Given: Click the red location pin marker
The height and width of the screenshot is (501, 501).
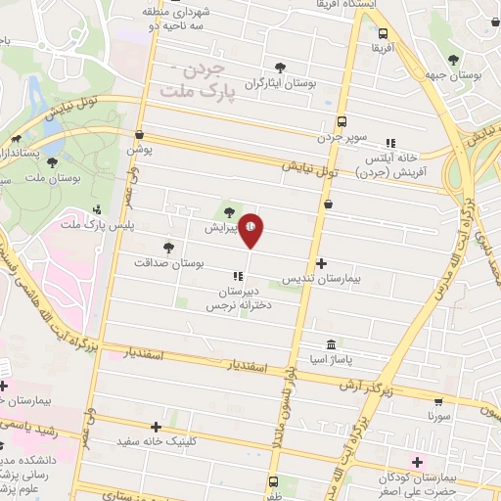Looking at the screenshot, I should [250, 227].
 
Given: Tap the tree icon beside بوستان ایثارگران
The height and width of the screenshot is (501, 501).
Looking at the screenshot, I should [281, 68].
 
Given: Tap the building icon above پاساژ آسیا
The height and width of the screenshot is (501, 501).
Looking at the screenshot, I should [331, 345].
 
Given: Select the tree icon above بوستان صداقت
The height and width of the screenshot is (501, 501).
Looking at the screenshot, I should [168, 247].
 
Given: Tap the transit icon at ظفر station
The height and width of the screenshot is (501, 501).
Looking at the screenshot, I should [272, 480].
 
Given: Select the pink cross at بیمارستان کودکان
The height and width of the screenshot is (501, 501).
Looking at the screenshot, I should [418, 461].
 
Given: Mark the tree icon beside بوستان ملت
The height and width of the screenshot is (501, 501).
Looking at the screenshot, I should [51, 162].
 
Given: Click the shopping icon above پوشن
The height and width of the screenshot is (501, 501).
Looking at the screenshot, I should [140, 134].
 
